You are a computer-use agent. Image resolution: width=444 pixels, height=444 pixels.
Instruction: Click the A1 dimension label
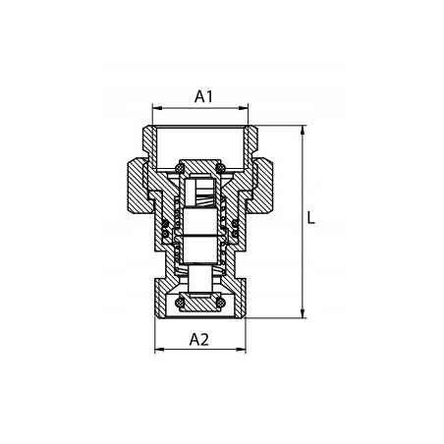coord(203,96)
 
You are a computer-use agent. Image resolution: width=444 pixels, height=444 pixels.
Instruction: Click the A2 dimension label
coord(198,340)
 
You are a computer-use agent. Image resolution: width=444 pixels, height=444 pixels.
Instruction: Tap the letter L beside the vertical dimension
coord(311,218)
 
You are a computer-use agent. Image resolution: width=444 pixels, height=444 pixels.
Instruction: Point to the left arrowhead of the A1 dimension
coord(157,108)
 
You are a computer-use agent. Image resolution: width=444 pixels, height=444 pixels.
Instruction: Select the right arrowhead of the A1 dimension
coord(244,108)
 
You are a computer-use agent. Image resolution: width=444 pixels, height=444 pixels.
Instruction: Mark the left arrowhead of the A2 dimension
coord(159,350)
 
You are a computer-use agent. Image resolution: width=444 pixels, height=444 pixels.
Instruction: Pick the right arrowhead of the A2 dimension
coord(242,350)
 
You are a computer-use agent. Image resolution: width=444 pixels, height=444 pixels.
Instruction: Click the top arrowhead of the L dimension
coord(303,130)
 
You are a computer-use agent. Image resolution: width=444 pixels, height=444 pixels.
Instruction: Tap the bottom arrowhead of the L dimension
coord(303,313)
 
